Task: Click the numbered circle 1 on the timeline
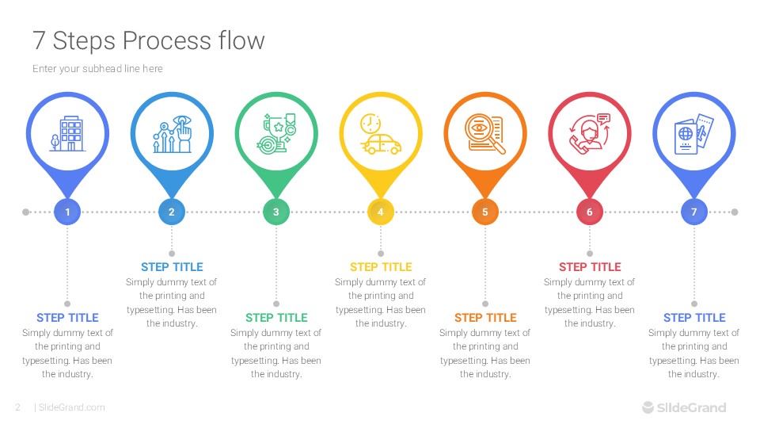pyautogui.click(x=67, y=212)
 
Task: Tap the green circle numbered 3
pyautogui.click(x=275, y=212)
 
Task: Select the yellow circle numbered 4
pyautogui.click(x=380, y=212)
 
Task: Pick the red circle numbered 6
pyautogui.click(x=589, y=212)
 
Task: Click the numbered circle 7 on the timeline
pyautogui.click(x=693, y=212)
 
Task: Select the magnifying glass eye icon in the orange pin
pyautogui.click(x=484, y=133)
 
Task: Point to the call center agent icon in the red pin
pyautogui.click(x=589, y=132)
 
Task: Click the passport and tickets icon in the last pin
pyautogui.click(x=693, y=133)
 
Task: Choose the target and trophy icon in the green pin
pyautogui.click(x=276, y=132)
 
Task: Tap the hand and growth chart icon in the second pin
pyautogui.click(x=172, y=133)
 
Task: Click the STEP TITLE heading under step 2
pyautogui.click(x=172, y=267)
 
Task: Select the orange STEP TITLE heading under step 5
pyautogui.click(x=484, y=318)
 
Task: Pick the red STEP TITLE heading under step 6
pyautogui.click(x=589, y=267)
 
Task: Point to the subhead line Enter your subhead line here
pyautogui.click(x=97, y=69)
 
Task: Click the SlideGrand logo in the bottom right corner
pyautogui.click(x=683, y=407)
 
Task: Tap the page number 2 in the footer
pyautogui.click(x=17, y=407)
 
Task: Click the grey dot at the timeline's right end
pyautogui.click(x=735, y=212)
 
